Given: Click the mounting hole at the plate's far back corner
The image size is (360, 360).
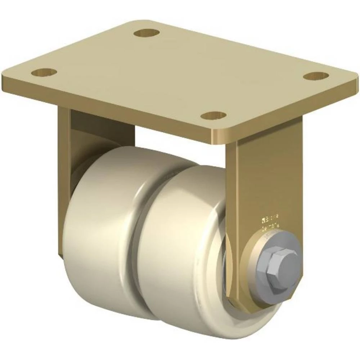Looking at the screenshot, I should (147, 33).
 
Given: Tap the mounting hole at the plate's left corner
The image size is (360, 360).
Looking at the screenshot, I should (44, 72).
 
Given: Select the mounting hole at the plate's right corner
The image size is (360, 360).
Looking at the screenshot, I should (316, 76).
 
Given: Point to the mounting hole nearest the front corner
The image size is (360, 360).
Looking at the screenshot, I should (213, 116).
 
